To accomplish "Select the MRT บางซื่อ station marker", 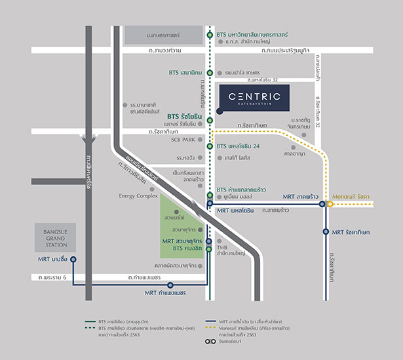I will pyautogui.click(x=73, y=260).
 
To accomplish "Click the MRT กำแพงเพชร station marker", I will pyautogui.click(x=170, y=285).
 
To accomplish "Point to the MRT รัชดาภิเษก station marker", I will pyautogui.click(x=326, y=231).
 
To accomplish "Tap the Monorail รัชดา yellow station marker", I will pyautogui.click(x=331, y=204).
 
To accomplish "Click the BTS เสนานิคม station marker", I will pyautogui.click(x=210, y=73).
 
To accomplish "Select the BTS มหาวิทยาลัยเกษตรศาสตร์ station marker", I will pyautogui.click(x=210, y=35).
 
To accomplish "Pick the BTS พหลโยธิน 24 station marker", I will pyautogui.click(x=210, y=146).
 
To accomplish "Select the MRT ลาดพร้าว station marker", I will pyautogui.click(x=322, y=204).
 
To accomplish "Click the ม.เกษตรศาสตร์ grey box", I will pyautogui.click(x=164, y=34).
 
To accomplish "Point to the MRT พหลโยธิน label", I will pyautogui.click(x=235, y=210).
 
